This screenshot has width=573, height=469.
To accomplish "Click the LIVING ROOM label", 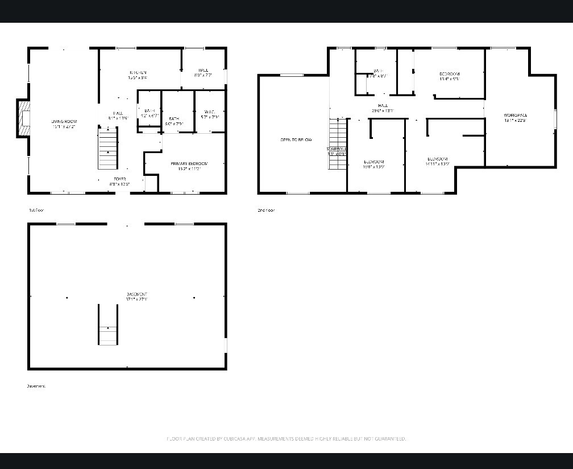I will coord(64,121).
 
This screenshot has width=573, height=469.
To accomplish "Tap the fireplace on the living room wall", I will coord(23,118).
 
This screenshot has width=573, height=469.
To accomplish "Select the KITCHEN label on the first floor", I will coord(138,73).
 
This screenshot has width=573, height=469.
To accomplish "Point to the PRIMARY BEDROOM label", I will coord(189,164).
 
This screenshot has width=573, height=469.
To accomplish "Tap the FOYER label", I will coord(119,179).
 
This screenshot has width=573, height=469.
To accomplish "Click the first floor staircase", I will coord(108,149).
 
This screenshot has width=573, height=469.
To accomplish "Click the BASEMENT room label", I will coord(137,294).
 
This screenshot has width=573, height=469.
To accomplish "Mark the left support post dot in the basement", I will coord(67,298).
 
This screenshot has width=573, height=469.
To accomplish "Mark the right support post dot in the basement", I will coord(194,298).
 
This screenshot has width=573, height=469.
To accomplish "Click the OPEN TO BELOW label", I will coord(296,139).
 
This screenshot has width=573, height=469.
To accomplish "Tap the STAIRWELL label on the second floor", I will coord(337,149).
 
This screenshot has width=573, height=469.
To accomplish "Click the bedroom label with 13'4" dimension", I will coord(449,74).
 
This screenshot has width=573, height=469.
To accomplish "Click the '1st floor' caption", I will coord(36,211).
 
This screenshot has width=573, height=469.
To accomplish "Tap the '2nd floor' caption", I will coord(265,211).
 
